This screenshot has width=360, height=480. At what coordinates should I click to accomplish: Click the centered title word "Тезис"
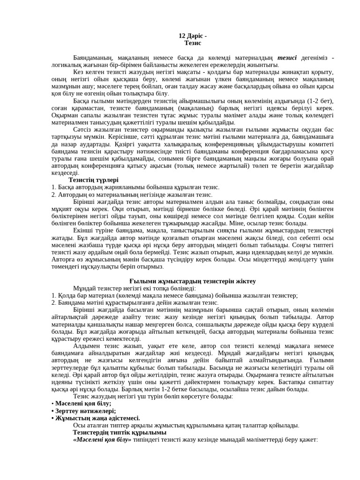[193, 43]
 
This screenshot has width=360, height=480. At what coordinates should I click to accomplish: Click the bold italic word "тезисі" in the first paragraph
[287, 58]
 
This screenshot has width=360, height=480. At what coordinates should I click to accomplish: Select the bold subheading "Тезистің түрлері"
[93, 180]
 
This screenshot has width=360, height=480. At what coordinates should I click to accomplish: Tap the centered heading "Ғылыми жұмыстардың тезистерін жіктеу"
[192, 281]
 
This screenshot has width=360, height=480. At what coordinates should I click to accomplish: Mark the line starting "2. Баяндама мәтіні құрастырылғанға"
[135, 303]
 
